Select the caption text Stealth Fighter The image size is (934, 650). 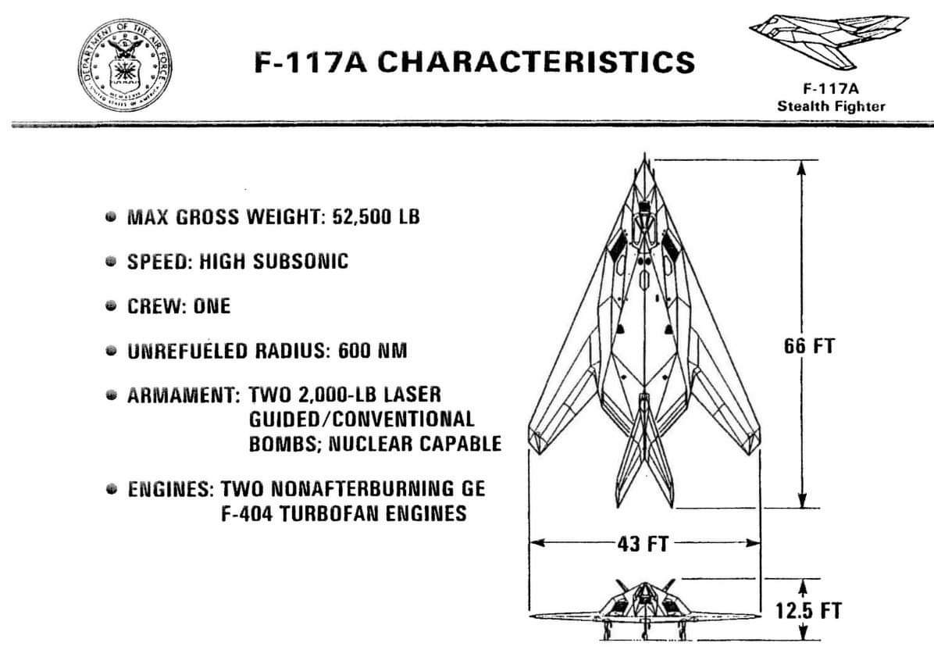832,106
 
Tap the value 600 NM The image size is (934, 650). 373,352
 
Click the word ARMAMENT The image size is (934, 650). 183,395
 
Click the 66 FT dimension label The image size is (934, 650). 809,345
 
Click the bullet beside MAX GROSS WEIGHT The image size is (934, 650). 112,216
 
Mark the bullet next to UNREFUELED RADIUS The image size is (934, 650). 112,352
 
